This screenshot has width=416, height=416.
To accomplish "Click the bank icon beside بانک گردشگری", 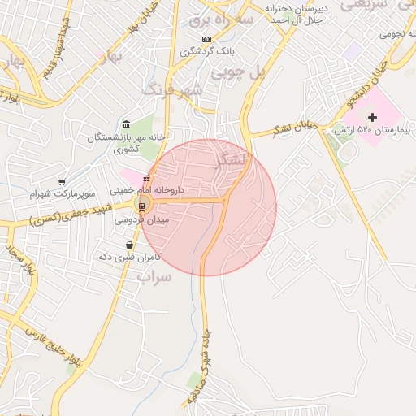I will tap(206, 39).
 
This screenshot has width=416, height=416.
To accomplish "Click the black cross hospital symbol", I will tap(373, 119).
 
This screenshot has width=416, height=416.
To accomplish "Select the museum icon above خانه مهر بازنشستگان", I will tap(126, 124).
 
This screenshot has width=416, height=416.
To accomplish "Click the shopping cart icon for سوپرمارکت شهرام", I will tap(62, 182).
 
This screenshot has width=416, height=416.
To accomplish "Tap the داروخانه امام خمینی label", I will tap(153, 189).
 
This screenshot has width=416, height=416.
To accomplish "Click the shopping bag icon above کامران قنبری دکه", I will tap(130, 245).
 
